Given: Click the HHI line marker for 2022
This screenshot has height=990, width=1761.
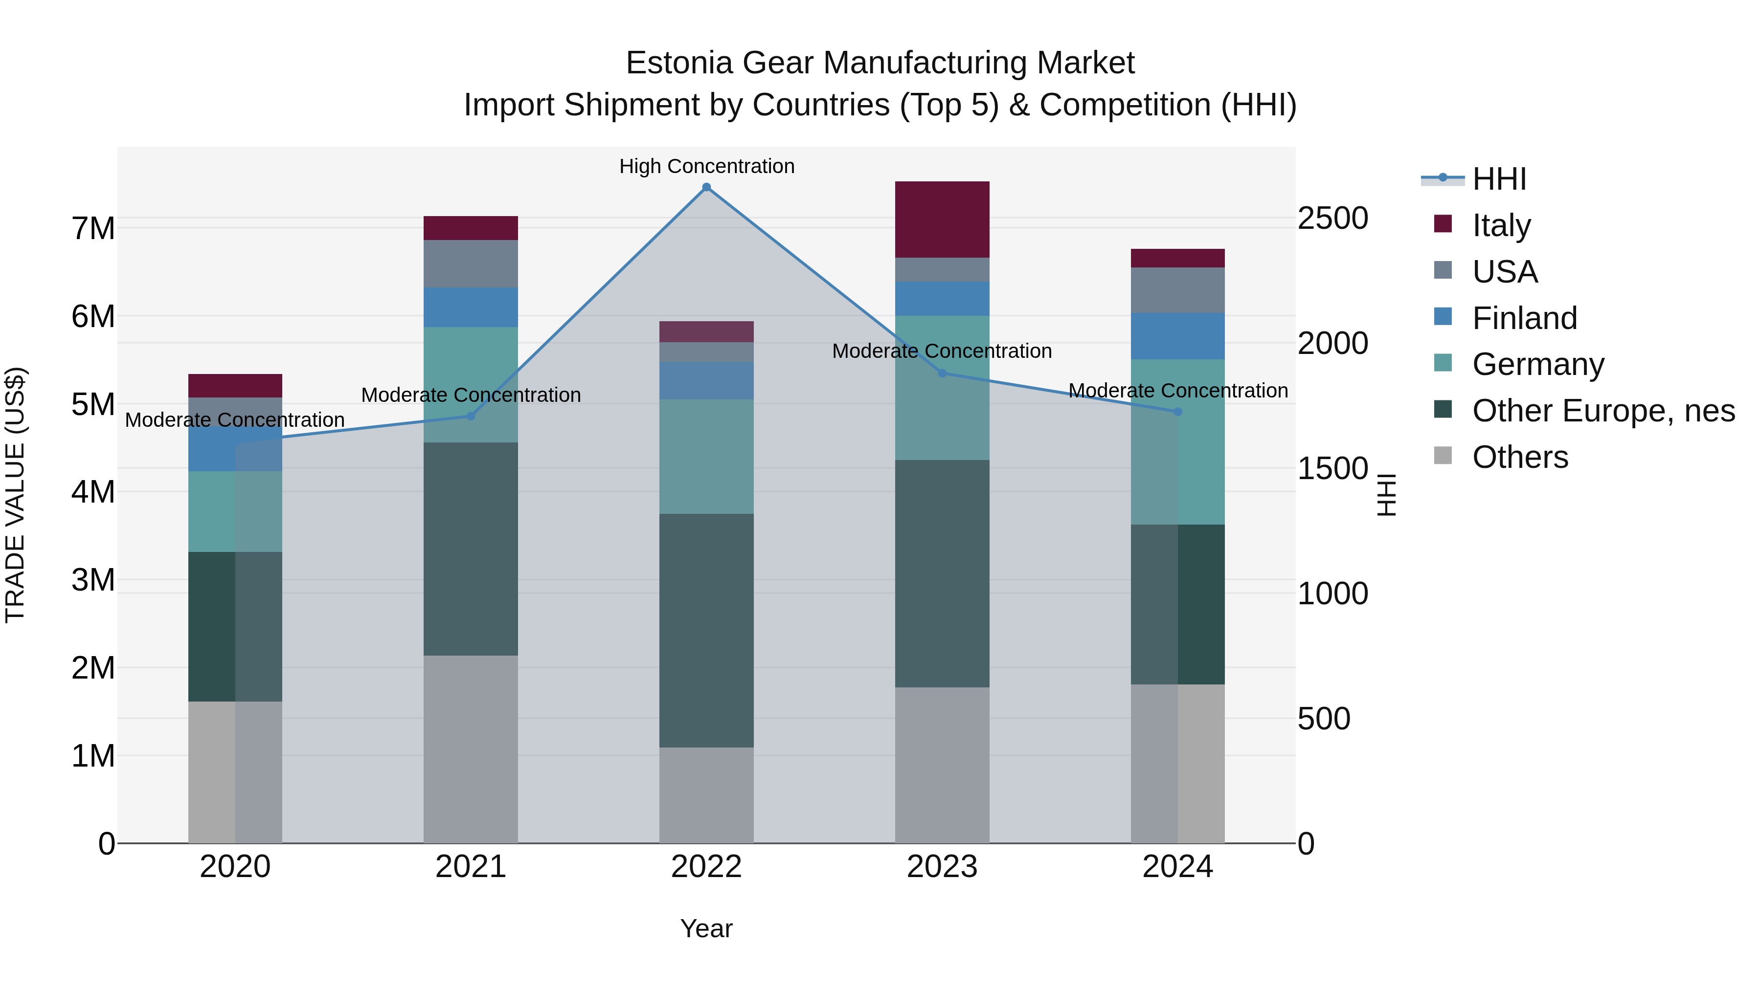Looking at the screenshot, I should [706, 187].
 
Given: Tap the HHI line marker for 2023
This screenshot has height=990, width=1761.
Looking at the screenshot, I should [942, 373].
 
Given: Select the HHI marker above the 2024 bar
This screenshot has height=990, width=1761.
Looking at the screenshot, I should [1177, 412].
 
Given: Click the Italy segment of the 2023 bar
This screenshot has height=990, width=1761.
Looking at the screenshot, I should [942, 220].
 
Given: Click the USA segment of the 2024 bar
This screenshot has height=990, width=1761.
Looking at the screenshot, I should [1177, 290].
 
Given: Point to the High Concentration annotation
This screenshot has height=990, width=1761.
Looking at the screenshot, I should [706, 166].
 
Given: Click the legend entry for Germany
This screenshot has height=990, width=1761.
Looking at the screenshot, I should [1537, 364].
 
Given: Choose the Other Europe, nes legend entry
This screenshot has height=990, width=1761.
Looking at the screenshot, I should [1603, 411].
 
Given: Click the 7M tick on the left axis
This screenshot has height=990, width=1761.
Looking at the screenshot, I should [93, 228].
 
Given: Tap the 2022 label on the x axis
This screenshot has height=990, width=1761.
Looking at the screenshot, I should [706, 867].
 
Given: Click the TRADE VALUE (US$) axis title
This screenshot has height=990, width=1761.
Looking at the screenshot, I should [15, 495].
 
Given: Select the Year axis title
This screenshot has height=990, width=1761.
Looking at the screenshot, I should [706, 928].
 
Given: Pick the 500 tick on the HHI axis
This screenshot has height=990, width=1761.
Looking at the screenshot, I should [1324, 719].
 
